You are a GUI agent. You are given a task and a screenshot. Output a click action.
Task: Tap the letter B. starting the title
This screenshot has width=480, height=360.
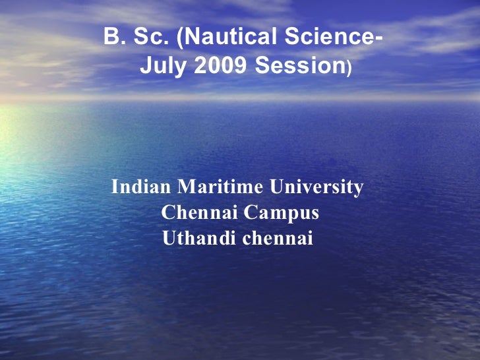coord(113,38)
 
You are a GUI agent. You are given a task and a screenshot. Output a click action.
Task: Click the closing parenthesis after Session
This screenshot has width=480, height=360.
coord(349,67)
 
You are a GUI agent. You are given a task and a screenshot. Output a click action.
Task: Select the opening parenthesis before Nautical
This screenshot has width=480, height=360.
coord(180,39)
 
